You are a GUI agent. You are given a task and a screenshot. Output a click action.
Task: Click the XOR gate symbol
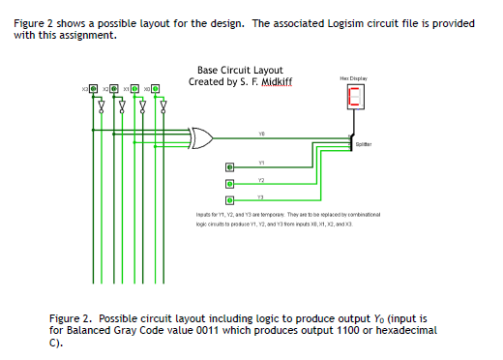[204, 138]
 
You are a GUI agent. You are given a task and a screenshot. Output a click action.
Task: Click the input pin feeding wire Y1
[229, 166]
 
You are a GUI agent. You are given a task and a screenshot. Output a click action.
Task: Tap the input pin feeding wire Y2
[229, 184]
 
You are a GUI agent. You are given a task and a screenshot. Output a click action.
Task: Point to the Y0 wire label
[261, 134]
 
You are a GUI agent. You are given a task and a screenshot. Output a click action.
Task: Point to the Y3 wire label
[261, 196]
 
